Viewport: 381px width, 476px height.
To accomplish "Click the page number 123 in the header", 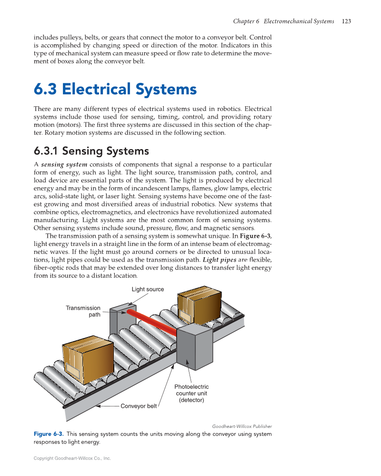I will [347, 21].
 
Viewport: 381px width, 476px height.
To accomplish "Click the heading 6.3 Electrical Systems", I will [115, 89].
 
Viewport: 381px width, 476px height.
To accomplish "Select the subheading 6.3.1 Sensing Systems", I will [91, 151].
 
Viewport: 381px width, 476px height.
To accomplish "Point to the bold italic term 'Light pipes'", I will [220, 260].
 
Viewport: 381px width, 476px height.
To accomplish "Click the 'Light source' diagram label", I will [148, 289].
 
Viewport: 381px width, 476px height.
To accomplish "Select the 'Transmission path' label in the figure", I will [83, 311].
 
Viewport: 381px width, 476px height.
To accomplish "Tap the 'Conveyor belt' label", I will [139, 406].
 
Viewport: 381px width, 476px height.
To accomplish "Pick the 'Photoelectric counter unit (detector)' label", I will [191, 394].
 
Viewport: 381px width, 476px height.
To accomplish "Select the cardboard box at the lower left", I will [88, 358].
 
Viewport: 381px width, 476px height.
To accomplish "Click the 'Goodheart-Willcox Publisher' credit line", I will [242, 426].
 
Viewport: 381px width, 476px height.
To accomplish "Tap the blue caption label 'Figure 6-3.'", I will [49, 434].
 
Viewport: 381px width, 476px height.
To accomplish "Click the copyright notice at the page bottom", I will [72, 458].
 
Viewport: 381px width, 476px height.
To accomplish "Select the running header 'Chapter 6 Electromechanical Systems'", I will [283, 21].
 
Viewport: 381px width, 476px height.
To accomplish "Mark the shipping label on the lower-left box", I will [73, 369].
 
